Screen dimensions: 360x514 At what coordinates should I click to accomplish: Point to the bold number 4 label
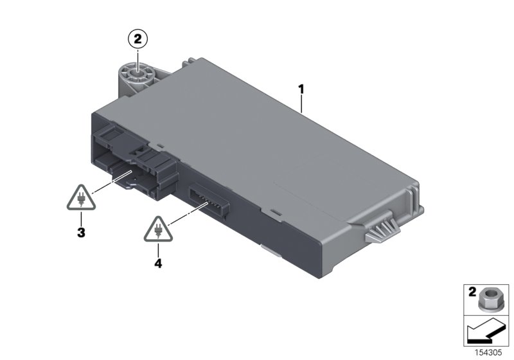point(158,262)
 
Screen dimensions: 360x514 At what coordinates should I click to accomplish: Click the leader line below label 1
point(302,103)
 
